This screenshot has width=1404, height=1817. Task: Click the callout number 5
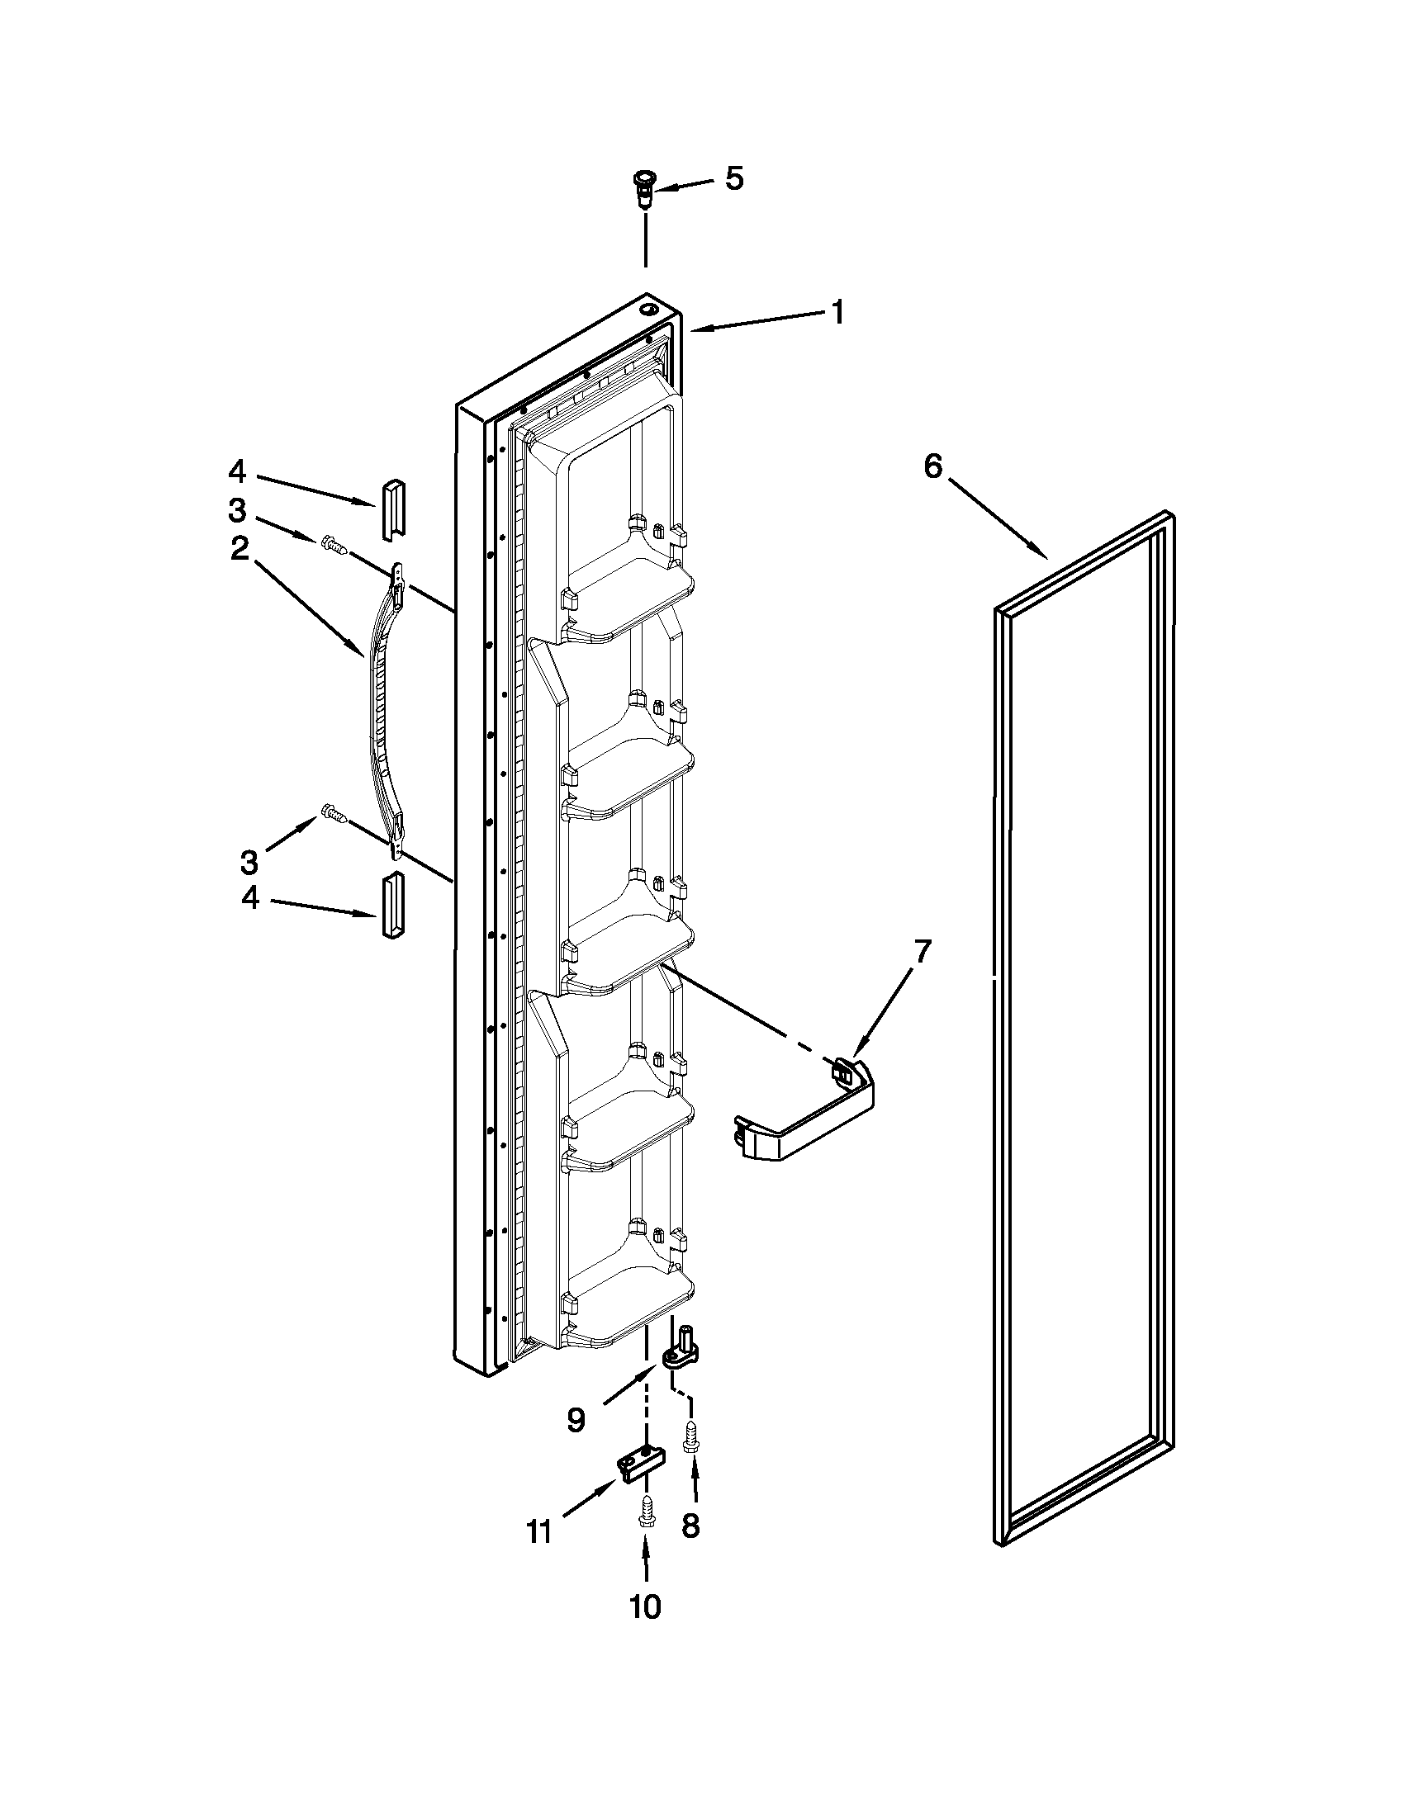733,179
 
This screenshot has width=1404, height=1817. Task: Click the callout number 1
838,313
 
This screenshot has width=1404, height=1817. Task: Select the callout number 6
933,466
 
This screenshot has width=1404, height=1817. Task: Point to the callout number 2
240,548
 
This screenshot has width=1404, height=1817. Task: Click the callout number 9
576,1420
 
